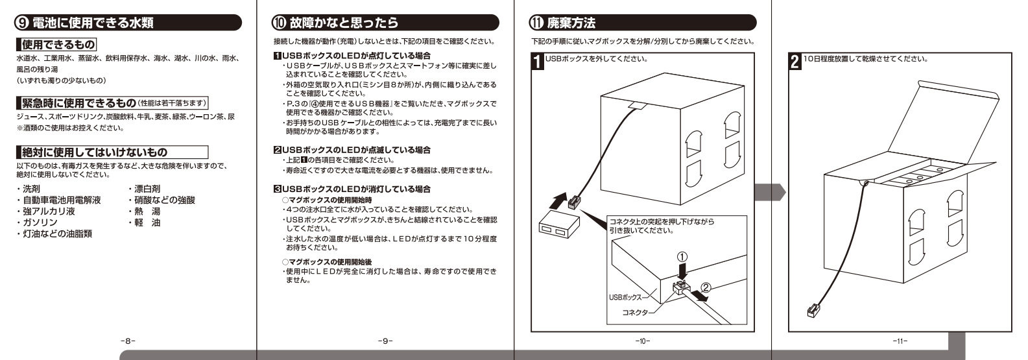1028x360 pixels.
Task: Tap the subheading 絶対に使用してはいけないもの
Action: pyautogui.click(x=94, y=152)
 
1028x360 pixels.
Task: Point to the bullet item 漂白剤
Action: pyautogui.click(x=148, y=189)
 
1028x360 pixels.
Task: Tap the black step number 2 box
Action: pyautogui.click(x=795, y=63)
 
